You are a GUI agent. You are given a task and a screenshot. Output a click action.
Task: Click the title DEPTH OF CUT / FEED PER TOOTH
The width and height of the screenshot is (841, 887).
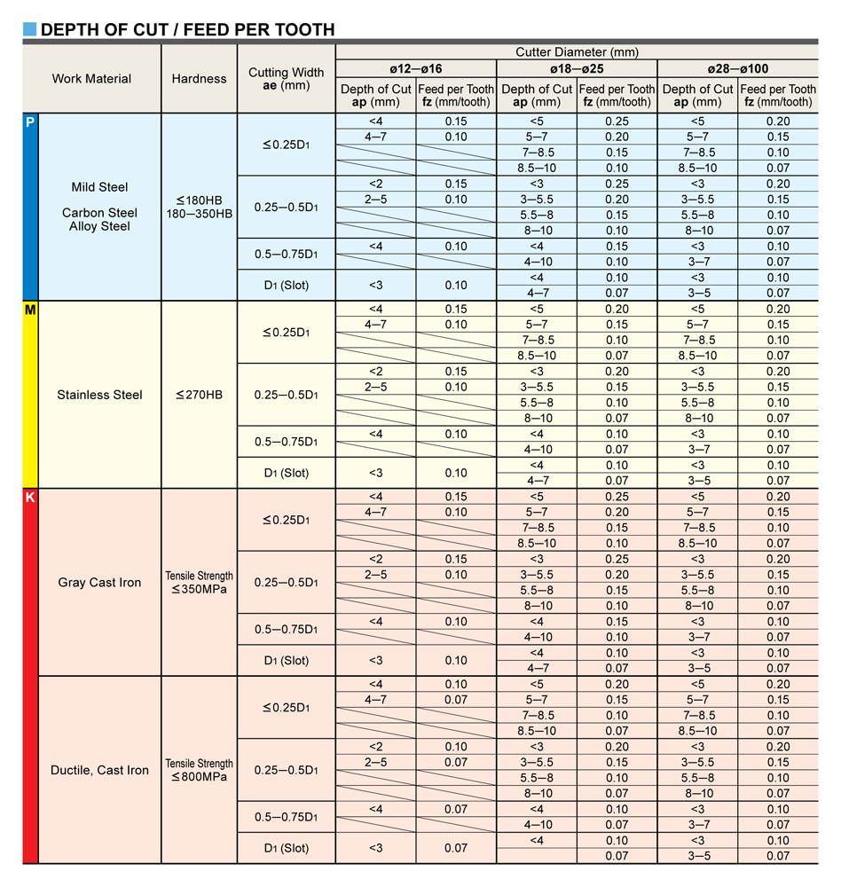tap(187, 29)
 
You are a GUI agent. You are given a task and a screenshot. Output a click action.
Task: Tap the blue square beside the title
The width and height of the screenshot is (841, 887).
tap(30, 29)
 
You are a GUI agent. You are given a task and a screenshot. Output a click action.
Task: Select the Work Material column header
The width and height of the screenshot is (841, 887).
tap(91, 78)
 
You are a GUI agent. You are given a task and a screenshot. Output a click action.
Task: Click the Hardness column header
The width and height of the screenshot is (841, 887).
tap(199, 78)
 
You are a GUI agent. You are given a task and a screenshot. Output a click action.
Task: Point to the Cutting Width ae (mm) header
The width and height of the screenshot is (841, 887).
tap(286, 78)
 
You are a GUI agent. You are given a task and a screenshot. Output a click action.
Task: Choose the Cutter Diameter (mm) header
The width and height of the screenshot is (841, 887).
tap(577, 52)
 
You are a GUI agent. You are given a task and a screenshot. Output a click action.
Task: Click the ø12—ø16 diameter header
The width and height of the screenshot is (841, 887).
tap(415, 68)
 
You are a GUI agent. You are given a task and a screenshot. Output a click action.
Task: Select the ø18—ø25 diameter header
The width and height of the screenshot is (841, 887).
tap(577, 68)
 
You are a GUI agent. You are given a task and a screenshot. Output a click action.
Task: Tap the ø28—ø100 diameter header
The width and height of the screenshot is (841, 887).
tap(737, 68)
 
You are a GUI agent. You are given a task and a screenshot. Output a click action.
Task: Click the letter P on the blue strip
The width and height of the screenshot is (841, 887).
tap(30, 122)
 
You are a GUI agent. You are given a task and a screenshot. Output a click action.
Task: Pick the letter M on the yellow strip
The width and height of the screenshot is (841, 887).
tap(30, 310)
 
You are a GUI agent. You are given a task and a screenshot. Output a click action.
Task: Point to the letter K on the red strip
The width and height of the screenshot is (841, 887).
tap(30, 498)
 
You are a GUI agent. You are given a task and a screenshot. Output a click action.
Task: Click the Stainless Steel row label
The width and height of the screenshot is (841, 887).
tap(99, 395)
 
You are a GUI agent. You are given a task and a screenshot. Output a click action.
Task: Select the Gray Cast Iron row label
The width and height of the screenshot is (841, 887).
tap(99, 583)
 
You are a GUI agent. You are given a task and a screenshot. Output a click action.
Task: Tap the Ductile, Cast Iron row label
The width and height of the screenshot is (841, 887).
tap(99, 770)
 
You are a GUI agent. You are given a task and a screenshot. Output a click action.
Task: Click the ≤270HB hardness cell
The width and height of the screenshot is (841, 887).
tap(199, 395)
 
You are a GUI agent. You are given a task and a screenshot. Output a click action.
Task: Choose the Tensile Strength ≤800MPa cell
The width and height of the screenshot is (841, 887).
tap(199, 770)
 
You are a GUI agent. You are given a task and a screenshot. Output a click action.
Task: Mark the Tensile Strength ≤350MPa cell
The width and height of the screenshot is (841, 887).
tap(199, 583)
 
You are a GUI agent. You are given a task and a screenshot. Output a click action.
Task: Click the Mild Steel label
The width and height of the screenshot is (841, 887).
tap(99, 187)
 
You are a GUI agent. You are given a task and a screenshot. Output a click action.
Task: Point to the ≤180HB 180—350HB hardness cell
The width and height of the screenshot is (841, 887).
tap(199, 207)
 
